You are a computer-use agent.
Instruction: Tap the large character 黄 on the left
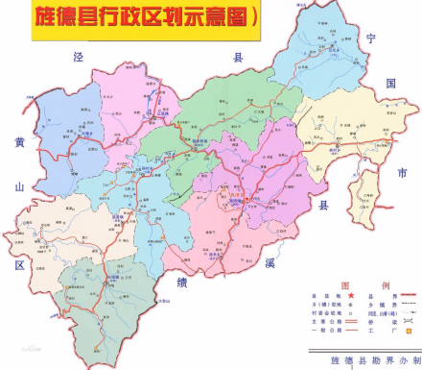point(18,143)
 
